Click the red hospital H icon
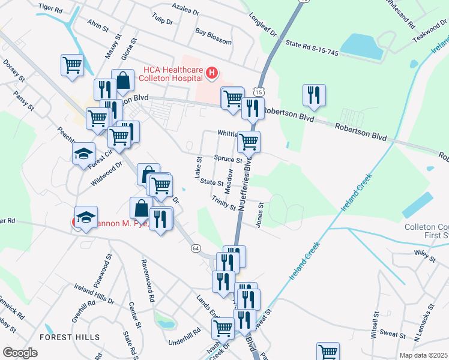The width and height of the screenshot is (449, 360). [x=211, y=73]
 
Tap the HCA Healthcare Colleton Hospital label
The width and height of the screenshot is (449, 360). [x=170, y=73]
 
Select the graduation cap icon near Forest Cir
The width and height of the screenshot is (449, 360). [x=84, y=153]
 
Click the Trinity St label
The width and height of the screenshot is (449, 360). [x=224, y=203]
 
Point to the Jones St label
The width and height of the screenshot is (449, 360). [x=261, y=214]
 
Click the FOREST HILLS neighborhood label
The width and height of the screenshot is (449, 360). [x=70, y=337]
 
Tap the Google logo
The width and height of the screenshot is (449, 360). [x=20, y=353]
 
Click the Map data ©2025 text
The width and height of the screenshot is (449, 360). [x=423, y=355]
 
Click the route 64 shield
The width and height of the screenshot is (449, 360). [x=196, y=248]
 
